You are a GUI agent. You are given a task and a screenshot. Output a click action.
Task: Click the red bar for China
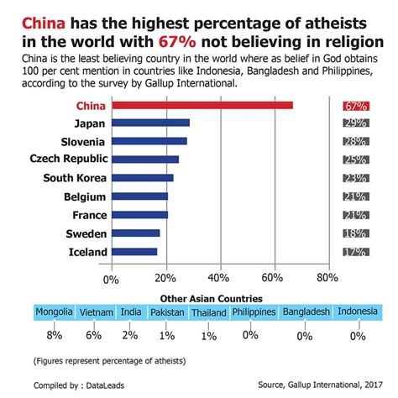point(202,106)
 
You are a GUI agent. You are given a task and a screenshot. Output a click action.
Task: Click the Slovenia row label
point(81,141)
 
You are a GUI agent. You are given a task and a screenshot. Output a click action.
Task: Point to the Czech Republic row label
point(68,160)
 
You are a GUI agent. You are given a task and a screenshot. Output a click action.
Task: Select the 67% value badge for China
point(354,107)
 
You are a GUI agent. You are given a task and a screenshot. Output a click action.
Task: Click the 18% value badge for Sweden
point(354,233)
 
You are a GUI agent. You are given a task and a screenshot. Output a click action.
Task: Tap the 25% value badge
point(354,160)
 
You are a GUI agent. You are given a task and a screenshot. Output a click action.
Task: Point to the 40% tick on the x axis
point(219,278)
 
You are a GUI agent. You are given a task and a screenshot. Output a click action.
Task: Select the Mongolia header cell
point(54,312)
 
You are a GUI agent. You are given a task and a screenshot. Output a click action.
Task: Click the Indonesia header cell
point(358,312)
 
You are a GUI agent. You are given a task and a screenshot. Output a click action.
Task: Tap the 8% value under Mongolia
point(55,335)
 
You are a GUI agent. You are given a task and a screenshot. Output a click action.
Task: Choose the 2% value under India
point(131,335)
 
